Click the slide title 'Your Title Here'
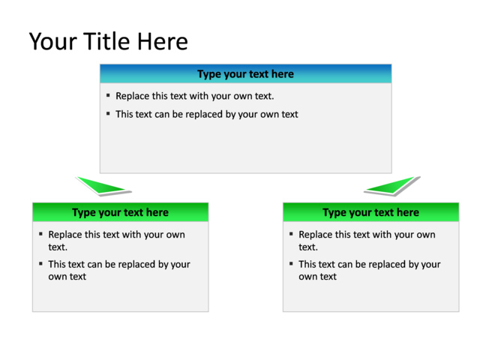click(108, 41)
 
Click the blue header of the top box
click(245, 73)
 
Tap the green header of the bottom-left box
click(120, 212)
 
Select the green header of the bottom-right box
click(370, 212)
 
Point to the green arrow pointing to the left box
click(103, 186)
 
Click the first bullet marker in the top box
click(108, 95)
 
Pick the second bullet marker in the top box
click(108, 113)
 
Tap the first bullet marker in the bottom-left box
click(40, 234)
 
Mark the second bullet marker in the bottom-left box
click(40, 263)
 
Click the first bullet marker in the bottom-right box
click(291, 234)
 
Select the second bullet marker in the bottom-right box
click(291, 263)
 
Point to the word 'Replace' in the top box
click(132, 96)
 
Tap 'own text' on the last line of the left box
click(67, 277)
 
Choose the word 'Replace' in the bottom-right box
click(315, 235)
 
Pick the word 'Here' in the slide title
click(163, 41)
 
